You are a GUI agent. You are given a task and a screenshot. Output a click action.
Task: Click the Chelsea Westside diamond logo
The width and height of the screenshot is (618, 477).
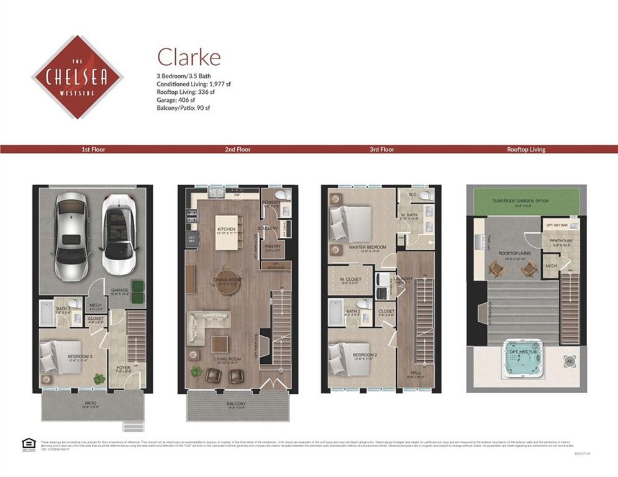pos(77,77)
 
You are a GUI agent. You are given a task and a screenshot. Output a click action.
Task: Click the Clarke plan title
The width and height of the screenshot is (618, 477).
pos(188,57)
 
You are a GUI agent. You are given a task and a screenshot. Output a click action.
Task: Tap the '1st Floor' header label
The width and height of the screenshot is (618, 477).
pos(94,150)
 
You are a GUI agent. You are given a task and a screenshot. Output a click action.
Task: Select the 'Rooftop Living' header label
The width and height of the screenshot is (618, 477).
pos(525,150)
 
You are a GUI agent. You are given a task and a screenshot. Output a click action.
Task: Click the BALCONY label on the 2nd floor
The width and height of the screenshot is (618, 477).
pos(237,404)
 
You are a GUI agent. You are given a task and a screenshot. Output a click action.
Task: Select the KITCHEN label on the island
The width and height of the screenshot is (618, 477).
pos(226,230)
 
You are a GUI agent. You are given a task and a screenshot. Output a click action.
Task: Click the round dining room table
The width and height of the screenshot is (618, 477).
pos(226,280)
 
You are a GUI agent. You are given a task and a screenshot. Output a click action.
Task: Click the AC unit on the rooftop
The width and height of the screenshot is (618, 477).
pos(570,360)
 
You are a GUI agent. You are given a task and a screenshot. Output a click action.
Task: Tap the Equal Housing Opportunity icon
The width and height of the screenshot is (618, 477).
pos(28,443)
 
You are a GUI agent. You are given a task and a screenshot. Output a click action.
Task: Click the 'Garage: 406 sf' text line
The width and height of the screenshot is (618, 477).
pos(176,100)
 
